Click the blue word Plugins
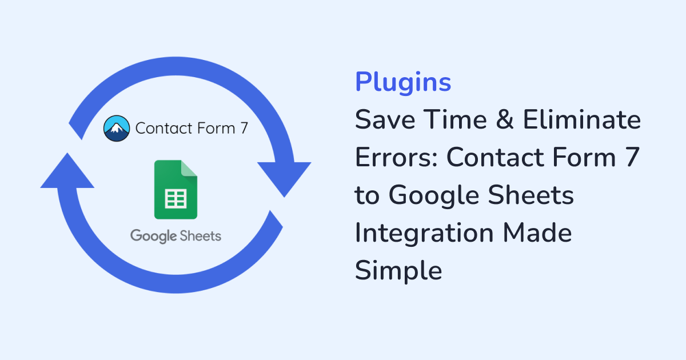pyautogui.click(x=403, y=82)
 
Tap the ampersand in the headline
pyautogui.click(x=505, y=119)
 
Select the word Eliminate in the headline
pyautogui.click(x=582, y=119)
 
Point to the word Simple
pyautogui.click(x=398, y=271)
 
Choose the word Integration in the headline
pyautogui.click(x=424, y=234)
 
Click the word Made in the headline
pyautogui.click(x=537, y=233)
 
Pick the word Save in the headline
pyautogui.click(x=385, y=119)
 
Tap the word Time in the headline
pyautogui.click(x=456, y=119)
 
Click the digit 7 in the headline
pyautogui.click(x=632, y=157)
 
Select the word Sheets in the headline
pyautogui.click(x=531, y=195)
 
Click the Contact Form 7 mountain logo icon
pyautogui.click(x=117, y=128)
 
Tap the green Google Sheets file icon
pyautogui.click(x=176, y=190)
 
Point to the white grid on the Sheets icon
pyautogui.click(x=176, y=199)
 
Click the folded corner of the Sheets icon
pyautogui.click(x=189, y=168)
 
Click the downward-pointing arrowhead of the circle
pyautogui.click(x=284, y=178)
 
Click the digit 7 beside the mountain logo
pyautogui.click(x=244, y=128)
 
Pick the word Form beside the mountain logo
pyautogui.click(x=216, y=128)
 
